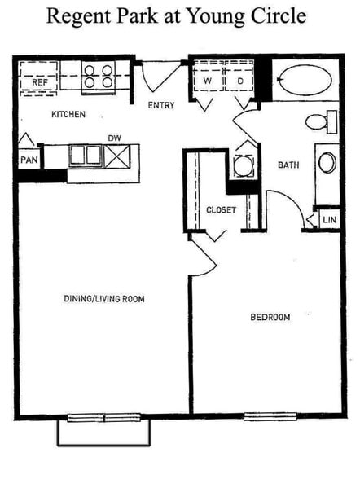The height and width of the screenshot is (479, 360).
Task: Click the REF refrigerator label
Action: [37, 82]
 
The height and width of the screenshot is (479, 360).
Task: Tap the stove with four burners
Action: [98, 77]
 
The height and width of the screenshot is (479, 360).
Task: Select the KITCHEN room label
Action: [69, 115]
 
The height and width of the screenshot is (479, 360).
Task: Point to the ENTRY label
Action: [161, 105]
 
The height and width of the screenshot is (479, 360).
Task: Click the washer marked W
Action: [208, 81]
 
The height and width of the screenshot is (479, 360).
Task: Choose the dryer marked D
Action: [240, 81]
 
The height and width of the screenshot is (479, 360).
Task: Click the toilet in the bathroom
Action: [320, 123]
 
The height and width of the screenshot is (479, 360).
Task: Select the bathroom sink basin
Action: [327, 162]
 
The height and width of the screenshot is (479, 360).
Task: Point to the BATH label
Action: [288, 165]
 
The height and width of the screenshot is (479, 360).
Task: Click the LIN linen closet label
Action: [328, 220]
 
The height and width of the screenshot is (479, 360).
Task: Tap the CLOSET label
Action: [221, 210]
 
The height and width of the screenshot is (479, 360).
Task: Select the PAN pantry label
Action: [28, 160]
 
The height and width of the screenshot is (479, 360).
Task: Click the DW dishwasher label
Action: [114, 139]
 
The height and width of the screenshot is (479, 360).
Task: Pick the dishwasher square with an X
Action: [115, 156]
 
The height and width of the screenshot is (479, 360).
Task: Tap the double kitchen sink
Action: [84, 155]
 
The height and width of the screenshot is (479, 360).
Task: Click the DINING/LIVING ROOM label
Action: [103, 299]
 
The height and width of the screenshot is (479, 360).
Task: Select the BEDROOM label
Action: [270, 317]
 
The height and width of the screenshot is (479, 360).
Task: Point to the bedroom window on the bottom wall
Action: [270, 417]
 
